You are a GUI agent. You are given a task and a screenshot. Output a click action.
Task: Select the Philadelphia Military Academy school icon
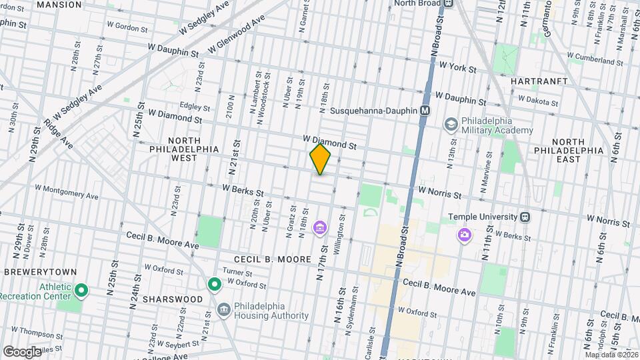click(x=451, y=125)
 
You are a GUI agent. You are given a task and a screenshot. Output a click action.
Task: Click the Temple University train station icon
click(x=525, y=217)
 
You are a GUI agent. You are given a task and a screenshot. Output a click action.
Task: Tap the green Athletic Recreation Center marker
click(x=81, y=290)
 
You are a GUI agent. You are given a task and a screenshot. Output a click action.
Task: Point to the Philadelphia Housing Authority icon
click(x=223, y=310)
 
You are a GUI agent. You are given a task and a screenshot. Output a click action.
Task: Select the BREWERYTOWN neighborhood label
click(x=41, y=272)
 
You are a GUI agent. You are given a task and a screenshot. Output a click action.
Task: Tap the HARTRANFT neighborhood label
click(x=539, y=81)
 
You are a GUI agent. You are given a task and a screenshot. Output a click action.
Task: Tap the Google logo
click(x=22, y=351)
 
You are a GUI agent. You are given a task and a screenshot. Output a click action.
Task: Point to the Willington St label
click(x=343, y=226)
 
